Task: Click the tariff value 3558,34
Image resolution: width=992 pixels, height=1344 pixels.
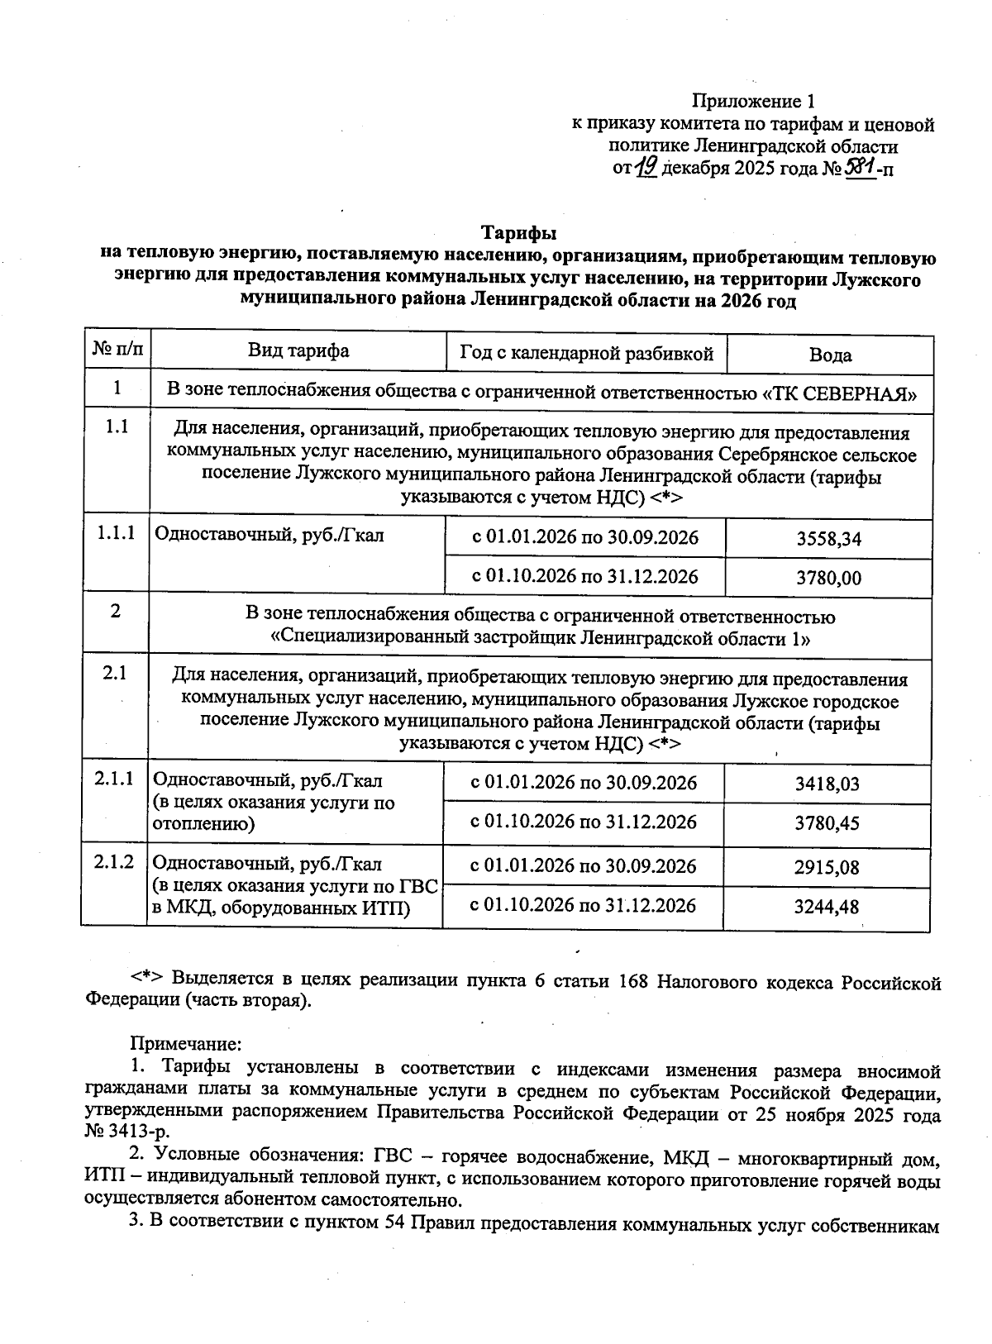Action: [828, 539]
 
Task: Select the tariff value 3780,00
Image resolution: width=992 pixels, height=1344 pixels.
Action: [828, 578]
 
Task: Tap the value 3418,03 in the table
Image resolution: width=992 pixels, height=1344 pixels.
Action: [827, 784]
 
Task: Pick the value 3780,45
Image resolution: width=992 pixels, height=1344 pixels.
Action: [827, 823]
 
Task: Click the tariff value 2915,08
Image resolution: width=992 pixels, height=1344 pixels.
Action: [827, 867]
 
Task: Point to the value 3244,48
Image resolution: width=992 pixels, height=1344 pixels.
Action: [827, 907]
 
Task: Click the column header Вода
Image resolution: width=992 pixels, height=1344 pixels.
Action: [830, 355]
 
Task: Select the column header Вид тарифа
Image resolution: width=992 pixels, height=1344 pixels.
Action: [298, 350]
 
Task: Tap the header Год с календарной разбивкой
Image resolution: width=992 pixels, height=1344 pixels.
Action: [586, 354]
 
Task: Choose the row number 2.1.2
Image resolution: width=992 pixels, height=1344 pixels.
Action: [114, 862]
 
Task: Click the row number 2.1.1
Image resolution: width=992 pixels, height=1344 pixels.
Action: [114, 779]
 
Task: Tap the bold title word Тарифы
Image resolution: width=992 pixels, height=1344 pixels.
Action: [518, 232]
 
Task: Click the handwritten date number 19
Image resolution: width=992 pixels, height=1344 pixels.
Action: [646, 168]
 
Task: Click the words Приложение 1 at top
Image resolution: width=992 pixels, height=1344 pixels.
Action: [753, 102]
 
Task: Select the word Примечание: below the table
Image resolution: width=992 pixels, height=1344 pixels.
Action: [185, 1044]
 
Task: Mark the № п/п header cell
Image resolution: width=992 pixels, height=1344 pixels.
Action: [117, 350]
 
